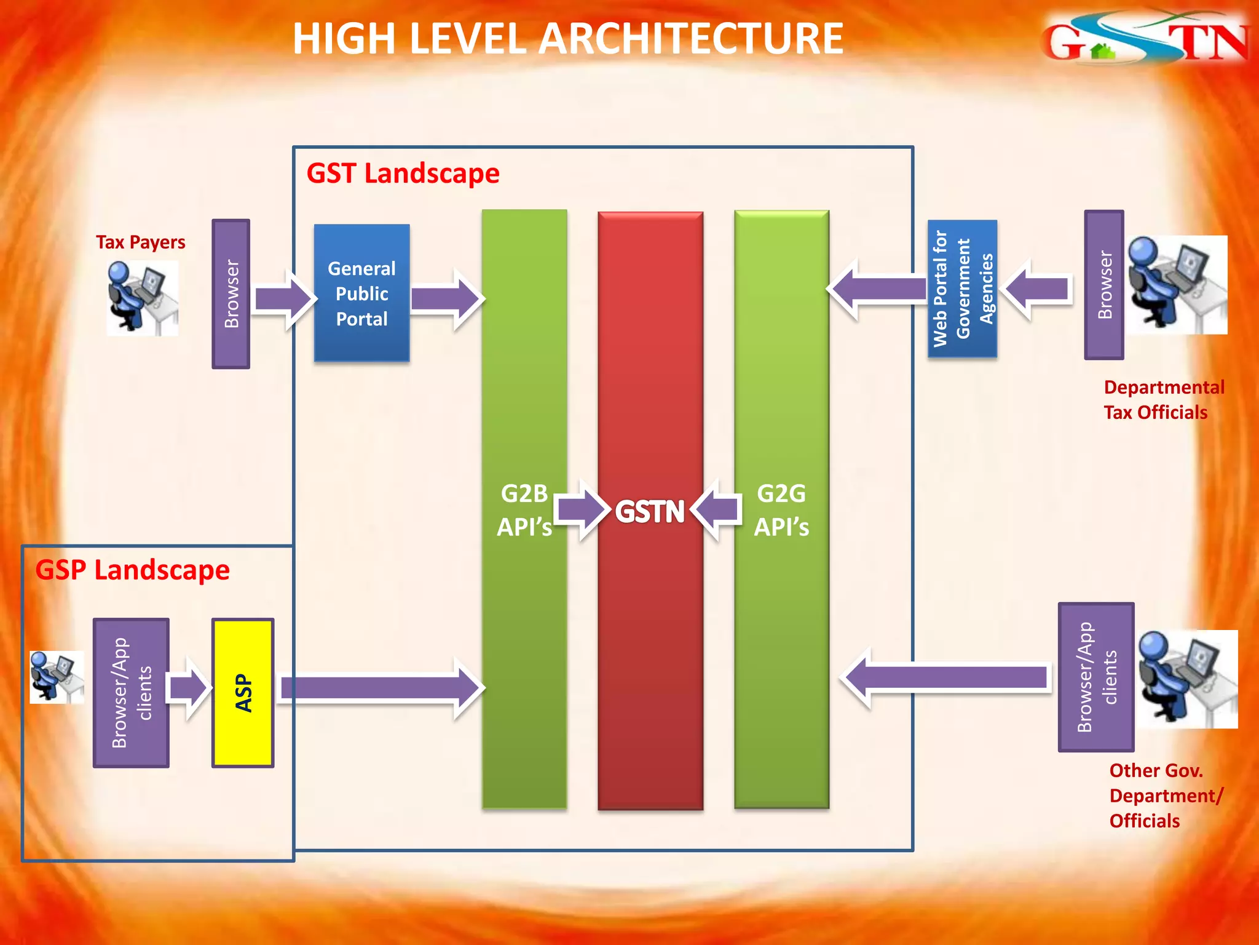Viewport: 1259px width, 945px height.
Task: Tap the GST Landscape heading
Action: [403, 173]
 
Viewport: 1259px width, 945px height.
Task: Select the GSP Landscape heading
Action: [132, 570]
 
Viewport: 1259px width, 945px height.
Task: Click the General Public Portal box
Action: [361, 293]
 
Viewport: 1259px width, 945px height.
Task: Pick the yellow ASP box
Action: [243, 693]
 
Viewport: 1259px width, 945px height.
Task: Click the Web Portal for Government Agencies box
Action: [962, 289]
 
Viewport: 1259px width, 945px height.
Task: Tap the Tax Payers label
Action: [140, 242]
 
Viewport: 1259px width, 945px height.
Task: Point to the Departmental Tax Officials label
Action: [1163, 400]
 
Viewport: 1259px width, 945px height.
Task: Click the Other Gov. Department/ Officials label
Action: [1165, 795]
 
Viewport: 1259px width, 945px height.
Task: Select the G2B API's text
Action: [524, 510]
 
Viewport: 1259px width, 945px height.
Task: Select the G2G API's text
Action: [781, 510]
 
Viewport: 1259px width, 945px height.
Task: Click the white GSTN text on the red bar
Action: [650, 512]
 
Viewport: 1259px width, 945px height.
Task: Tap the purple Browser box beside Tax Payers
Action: [231, 293]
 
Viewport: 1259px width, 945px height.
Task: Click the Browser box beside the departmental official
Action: [1104, 285]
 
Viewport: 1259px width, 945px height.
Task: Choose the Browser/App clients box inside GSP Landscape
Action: [131, 693]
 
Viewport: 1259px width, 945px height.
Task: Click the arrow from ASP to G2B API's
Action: [381, 688]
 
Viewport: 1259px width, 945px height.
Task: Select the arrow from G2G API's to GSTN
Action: [717, 510]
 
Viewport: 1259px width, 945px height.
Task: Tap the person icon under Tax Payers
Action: [142, 298]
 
